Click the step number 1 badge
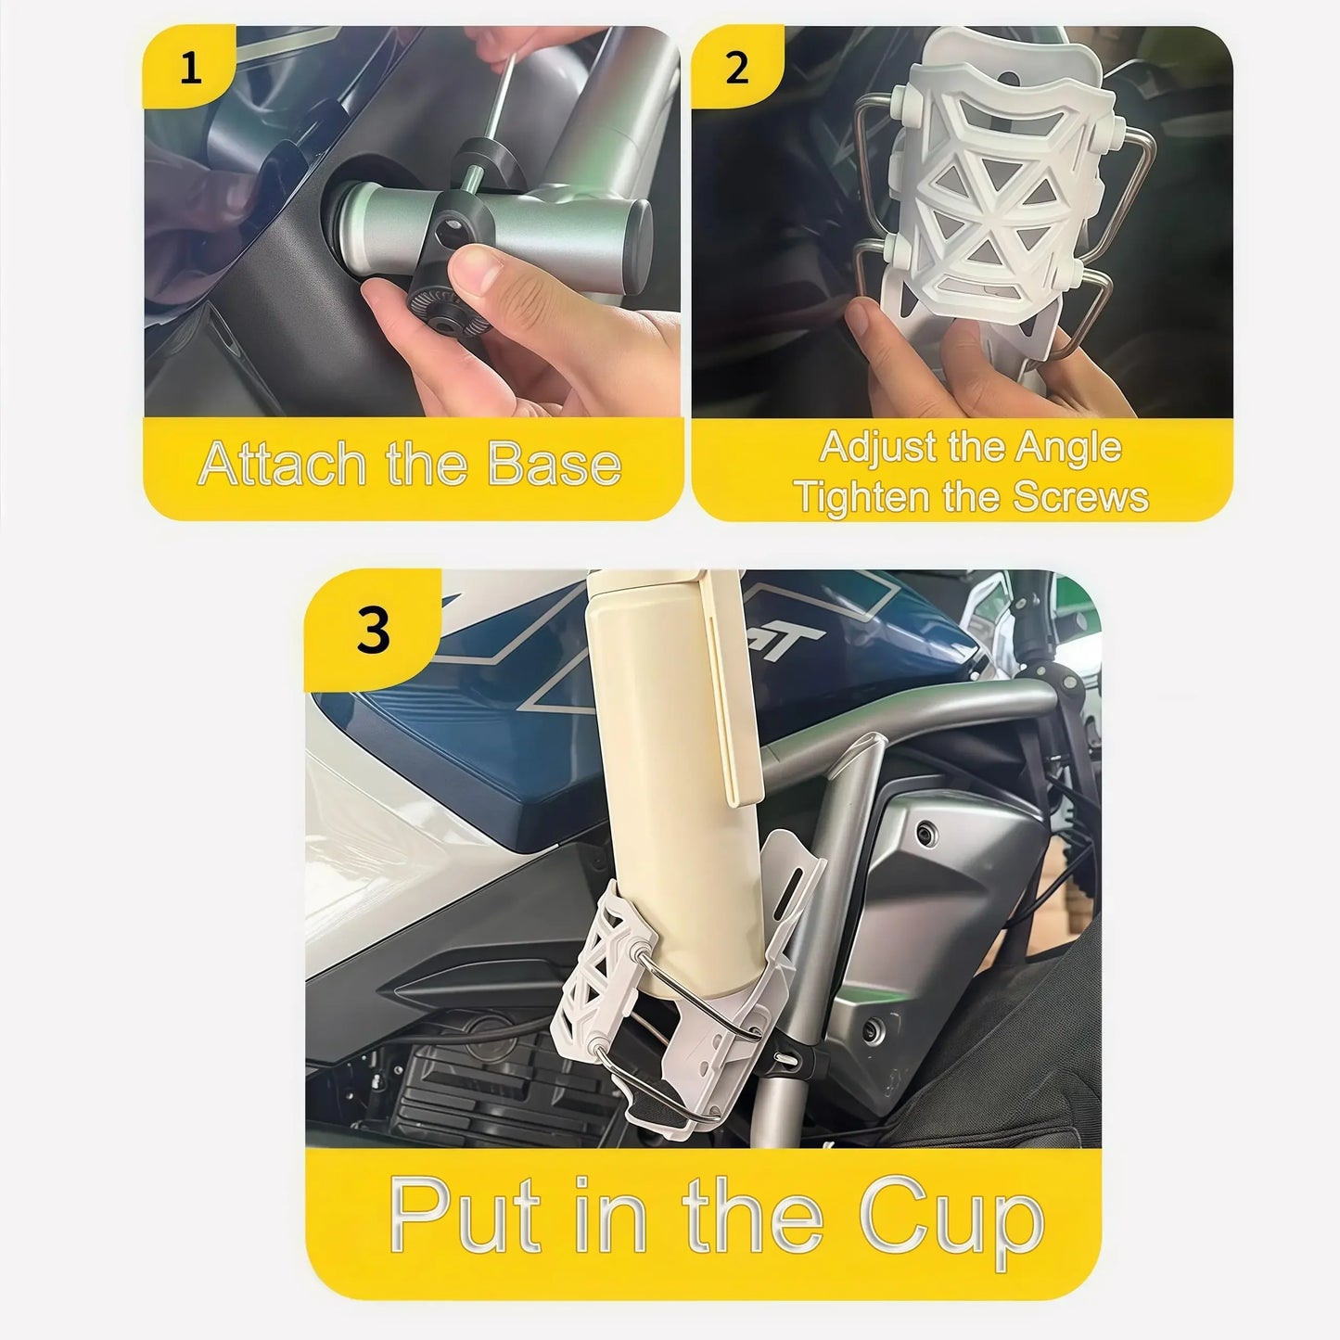pyautogui.click(x=190, y=69)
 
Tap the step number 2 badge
pyautogui.click(x=736, y=69)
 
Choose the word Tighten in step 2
pyautogui.click(x=862, y=497)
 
